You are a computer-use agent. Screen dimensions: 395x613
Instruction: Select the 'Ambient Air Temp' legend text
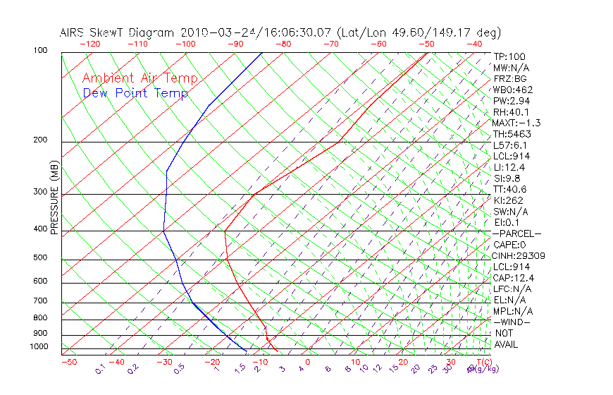[x=140, y=78]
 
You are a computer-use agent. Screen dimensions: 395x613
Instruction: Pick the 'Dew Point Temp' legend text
[x=135, y=93]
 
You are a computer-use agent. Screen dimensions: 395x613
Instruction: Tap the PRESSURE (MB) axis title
[x=54, y=197]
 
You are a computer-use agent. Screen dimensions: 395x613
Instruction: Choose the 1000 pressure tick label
[x=39, y=347]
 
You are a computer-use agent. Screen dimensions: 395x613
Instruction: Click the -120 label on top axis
[x=89, y=44]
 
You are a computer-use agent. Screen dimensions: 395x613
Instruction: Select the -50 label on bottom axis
[x=68, y=362]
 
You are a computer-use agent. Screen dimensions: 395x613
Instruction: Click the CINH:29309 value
[x=519, y=256]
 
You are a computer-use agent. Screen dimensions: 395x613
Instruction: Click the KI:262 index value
[x=508, y=200]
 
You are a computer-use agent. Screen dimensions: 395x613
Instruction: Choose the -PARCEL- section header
[x=516, y=233]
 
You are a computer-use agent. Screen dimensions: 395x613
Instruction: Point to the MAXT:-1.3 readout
[x=516, y=123]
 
